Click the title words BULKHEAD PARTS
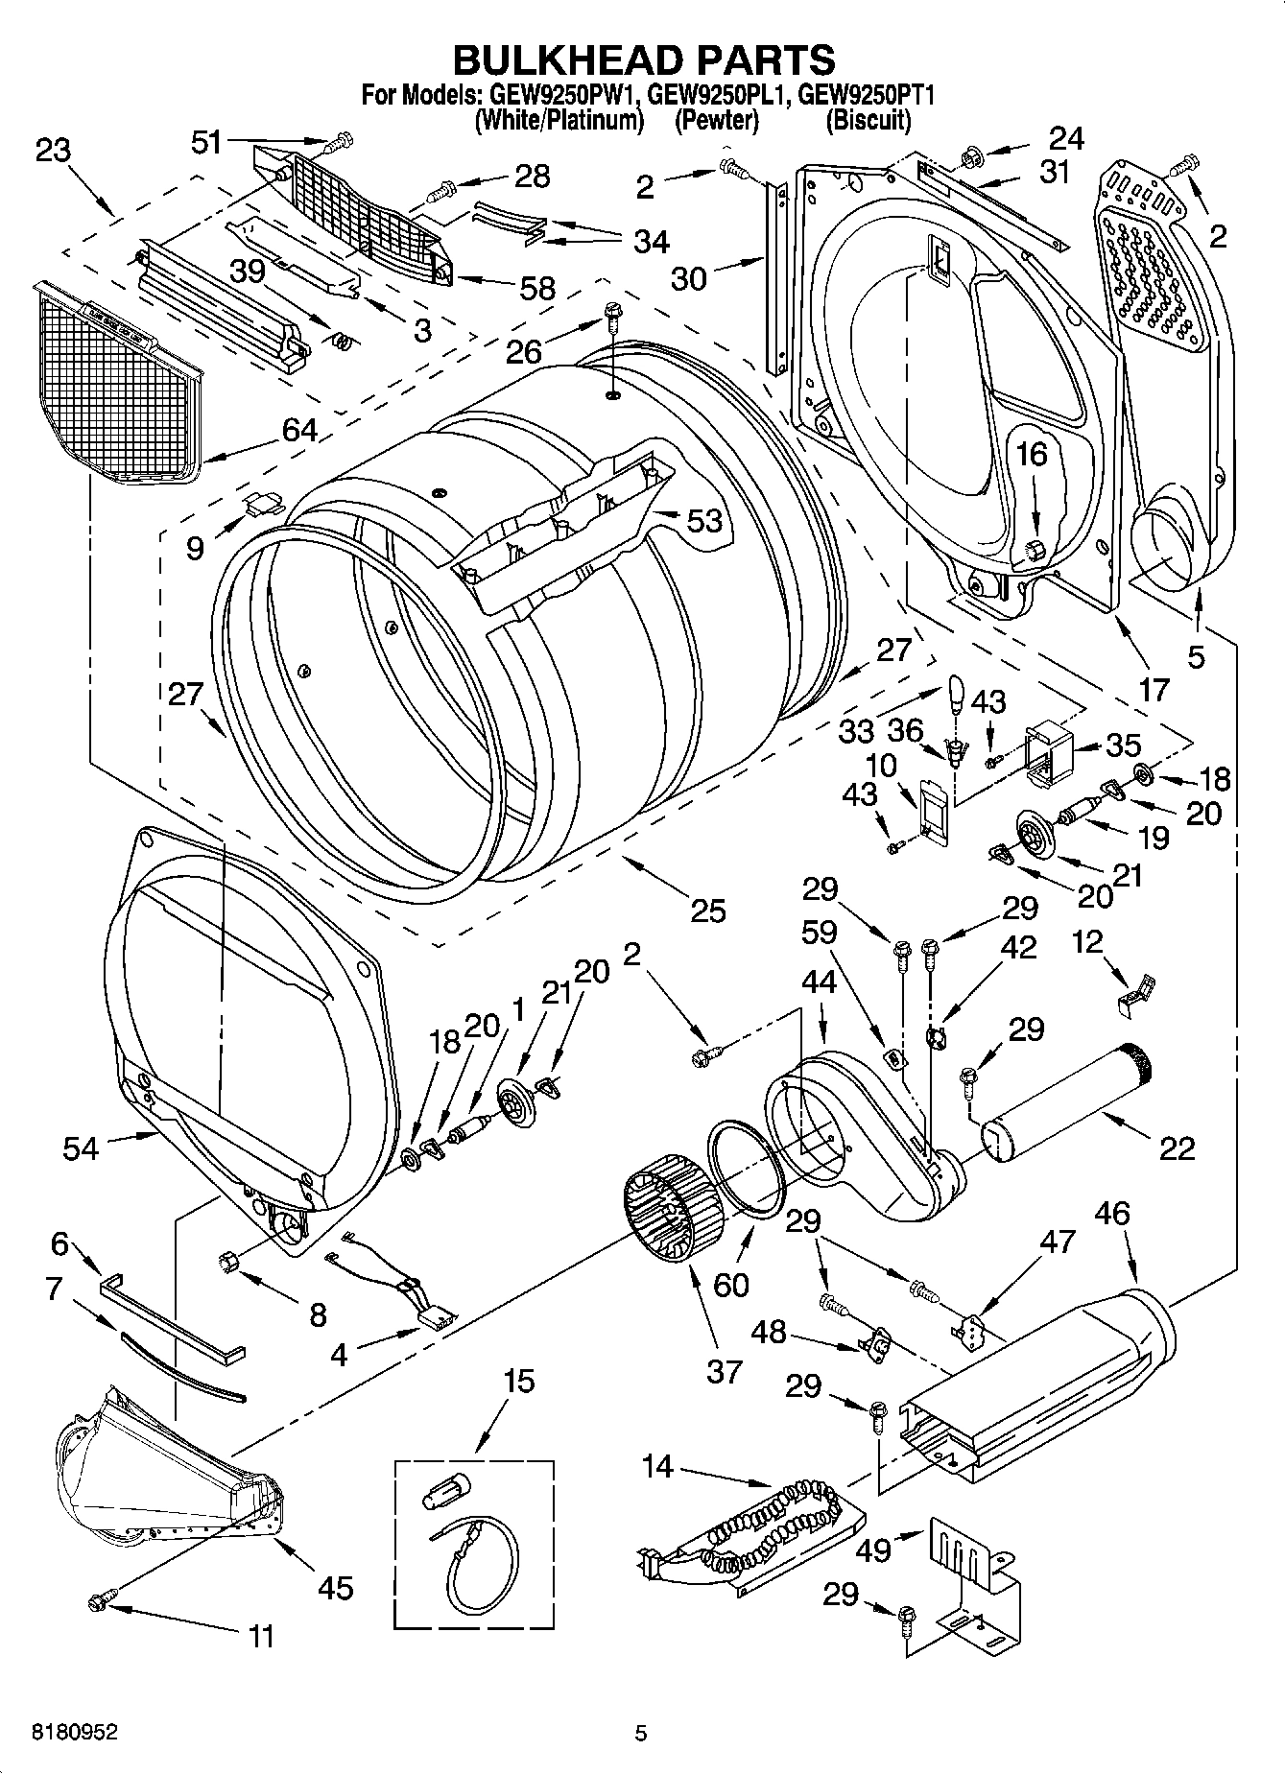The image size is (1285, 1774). (643, 59)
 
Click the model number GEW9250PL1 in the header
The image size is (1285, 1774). (717, 95)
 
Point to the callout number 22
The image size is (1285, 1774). (1178, 1147)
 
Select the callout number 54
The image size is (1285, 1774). (81, 1147)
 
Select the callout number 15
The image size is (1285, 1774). (518, 1382)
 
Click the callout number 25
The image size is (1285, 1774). (707, 910)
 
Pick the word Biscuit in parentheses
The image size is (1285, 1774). (868, 120)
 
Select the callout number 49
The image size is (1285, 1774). (874, 1549)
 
